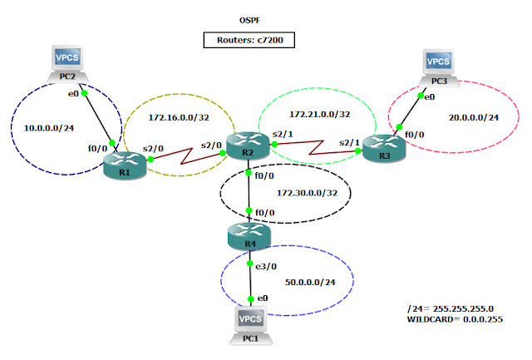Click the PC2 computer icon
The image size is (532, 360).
(x=68, y=61)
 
